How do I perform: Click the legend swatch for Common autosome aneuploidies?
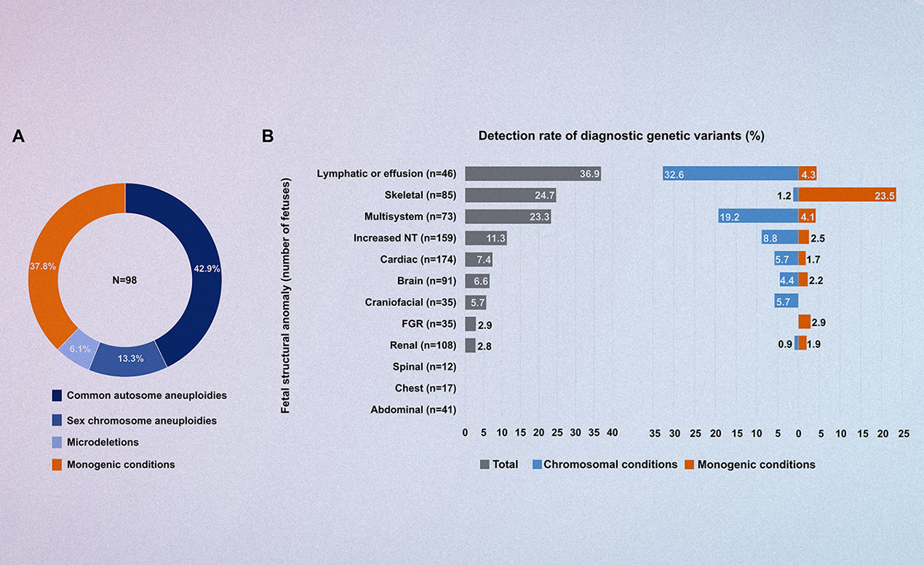click(57, 396)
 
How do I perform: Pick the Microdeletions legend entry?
click(103, 442)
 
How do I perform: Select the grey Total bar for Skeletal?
click(510, 195)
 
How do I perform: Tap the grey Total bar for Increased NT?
click(485, 237)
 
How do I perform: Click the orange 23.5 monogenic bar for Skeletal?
click(847, 195)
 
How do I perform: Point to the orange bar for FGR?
click(804, 322)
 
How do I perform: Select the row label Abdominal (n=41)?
click(413, 410)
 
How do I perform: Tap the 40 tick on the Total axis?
click(612, 432)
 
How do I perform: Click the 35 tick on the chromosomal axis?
click(655, 433)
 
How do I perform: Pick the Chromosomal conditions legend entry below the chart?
click(610, 465)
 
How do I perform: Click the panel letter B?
click(268, 136)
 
